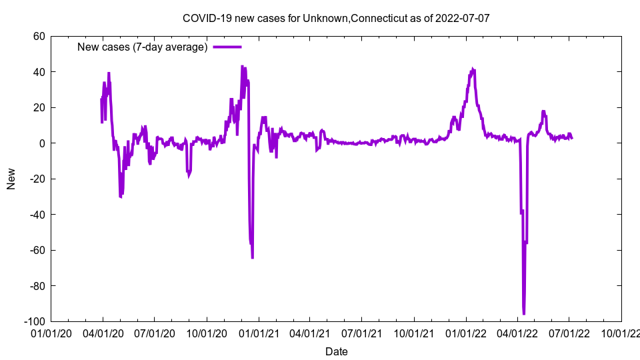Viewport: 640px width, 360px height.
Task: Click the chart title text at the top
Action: point(336,18)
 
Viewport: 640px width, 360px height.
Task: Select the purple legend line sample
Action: point(227,47)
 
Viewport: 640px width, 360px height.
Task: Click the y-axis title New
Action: point(11,179)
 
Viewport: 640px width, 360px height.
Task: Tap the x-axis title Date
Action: point(336,351)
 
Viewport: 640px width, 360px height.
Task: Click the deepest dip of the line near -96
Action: point(523,313)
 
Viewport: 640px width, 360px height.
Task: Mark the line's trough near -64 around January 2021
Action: point(252,257)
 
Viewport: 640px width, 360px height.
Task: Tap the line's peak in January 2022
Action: point(473,69)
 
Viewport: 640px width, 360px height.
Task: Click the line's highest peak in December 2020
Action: point(242,67)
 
